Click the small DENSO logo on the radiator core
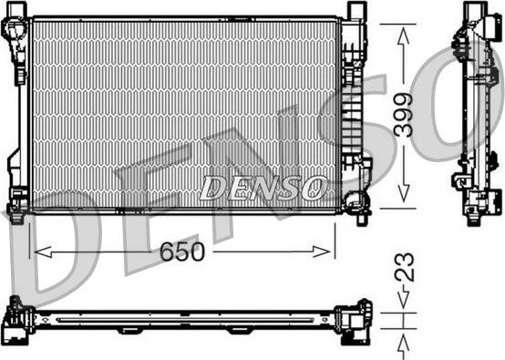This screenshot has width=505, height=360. point(263,188)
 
